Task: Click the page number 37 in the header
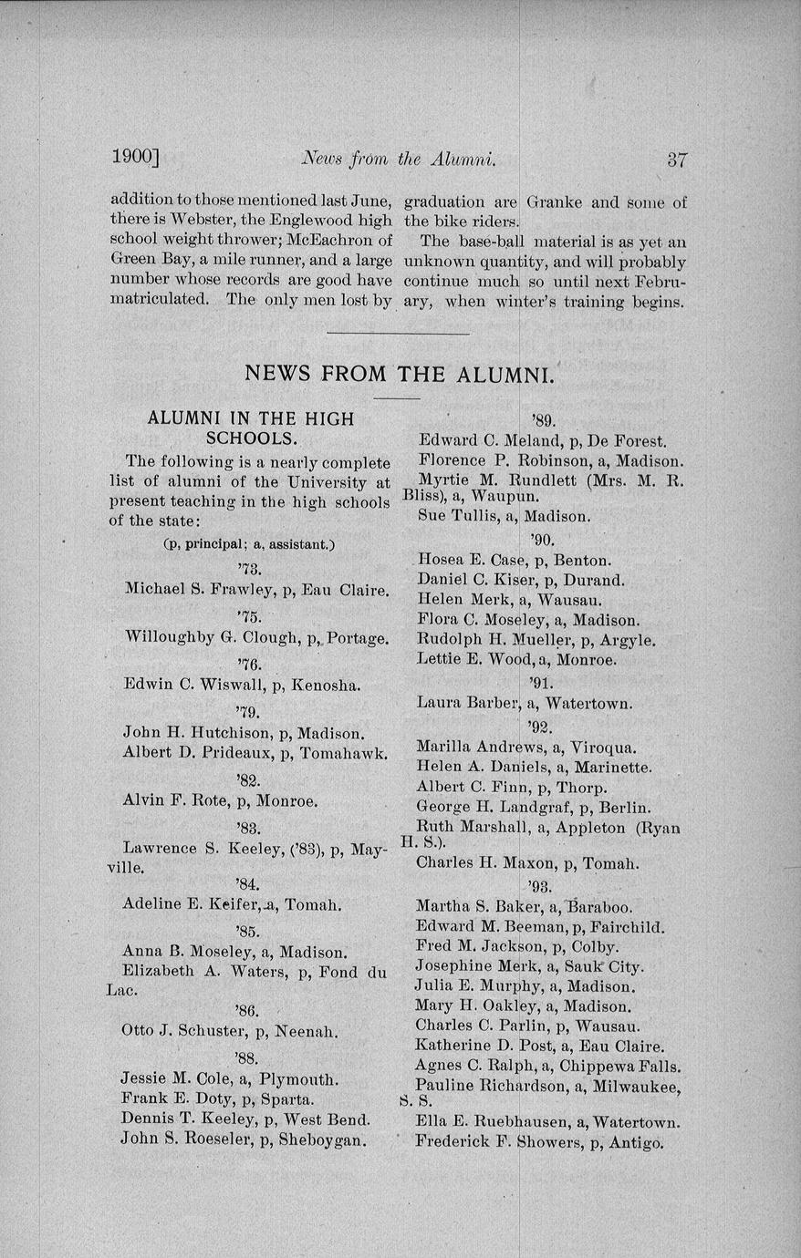pos(676,160)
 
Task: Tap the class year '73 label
pos(247,570)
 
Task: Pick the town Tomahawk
pos(343,753)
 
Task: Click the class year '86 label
pos(246,1010)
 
